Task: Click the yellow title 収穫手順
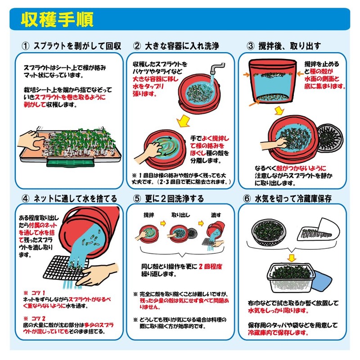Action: pos(57,19)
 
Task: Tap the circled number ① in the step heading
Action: pos(26,46)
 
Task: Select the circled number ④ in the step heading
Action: pos(26,198)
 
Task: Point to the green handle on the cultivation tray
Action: pos(71,162)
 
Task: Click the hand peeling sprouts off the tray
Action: pos(31,141)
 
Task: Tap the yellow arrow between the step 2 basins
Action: pos(184,121)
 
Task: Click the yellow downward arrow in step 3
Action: pos(279,110)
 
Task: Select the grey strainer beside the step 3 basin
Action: pos(330,138)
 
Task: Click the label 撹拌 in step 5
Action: pos(149,215)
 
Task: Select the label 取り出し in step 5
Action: pos(181,215)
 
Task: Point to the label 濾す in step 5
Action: pos(216,215)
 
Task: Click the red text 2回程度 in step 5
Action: pos(210,266)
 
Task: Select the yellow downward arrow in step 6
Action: pos(292,257)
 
